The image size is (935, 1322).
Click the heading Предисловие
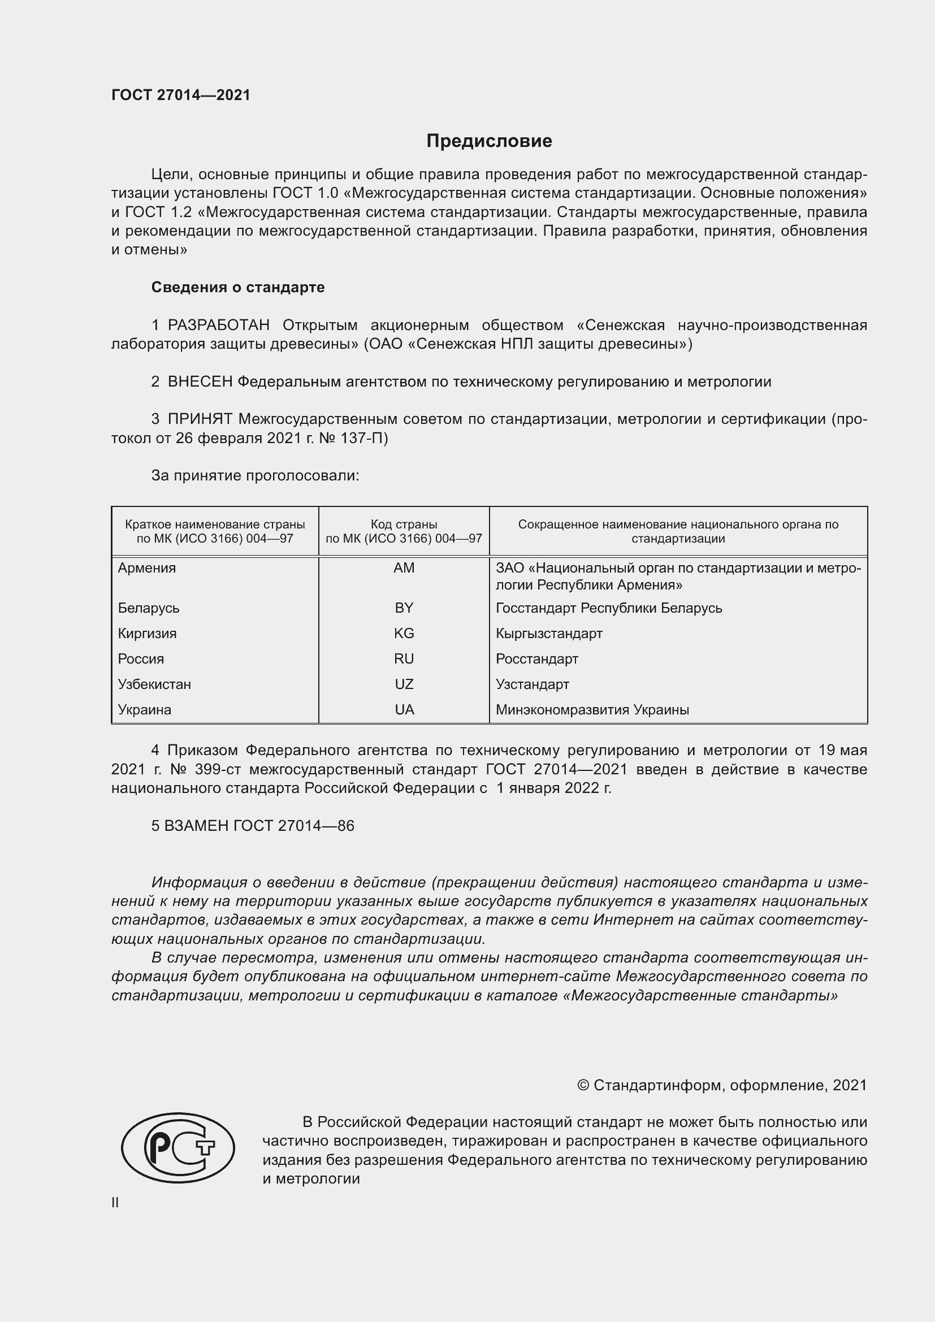tap(489, 141)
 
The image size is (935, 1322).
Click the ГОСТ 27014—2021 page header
tap(181, 96)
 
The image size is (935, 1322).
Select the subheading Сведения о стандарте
tap(238, 287)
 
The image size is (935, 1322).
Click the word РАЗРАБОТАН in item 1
tap(218, 326)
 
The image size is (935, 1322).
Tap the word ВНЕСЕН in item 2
tap(200, 382)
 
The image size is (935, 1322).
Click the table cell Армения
tap(147, 568)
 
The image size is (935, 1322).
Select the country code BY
tap(404, 608)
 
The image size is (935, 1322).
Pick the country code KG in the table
tap(404, 634)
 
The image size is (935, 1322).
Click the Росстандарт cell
tap(536, 658)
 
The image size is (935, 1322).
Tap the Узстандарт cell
tap(532, 684)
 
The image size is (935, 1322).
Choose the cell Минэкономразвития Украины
tap(592, 709)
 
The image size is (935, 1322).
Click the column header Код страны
tap(404, 525)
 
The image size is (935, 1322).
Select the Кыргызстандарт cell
tap(549, 634)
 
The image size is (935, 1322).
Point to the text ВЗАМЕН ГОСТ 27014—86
tap(253, 826)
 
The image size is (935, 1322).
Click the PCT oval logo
tap(178, 1147)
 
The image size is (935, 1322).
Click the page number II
tap(115, 1202)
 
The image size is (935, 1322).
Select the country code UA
tap(404, 709)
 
